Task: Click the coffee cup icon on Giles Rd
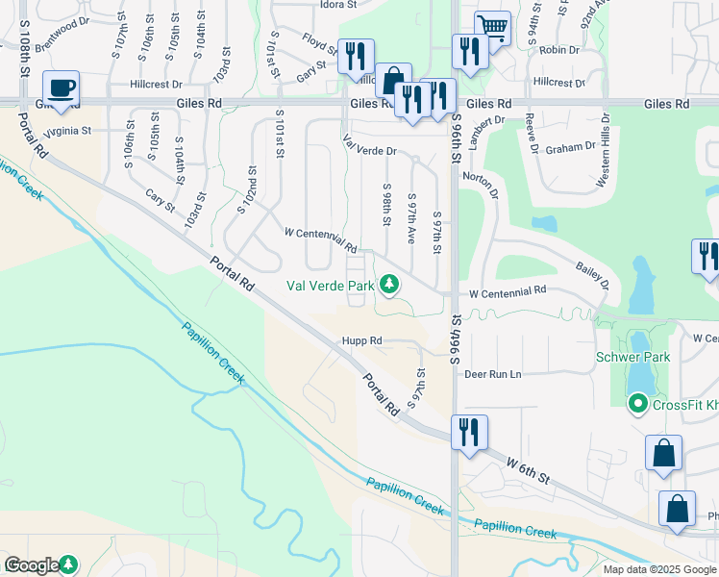click(61, 88)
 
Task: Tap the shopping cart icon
click(492, 29)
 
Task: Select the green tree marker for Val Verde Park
click(389, 284)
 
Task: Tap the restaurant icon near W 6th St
click(469, 432)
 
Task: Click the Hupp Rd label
click(362, 340)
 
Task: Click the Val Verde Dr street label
click(370, 151)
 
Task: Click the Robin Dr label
click(559, 49)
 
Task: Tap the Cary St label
click(160, 201)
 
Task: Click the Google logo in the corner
click(33, 565)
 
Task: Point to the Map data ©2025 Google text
click(658, 569)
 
